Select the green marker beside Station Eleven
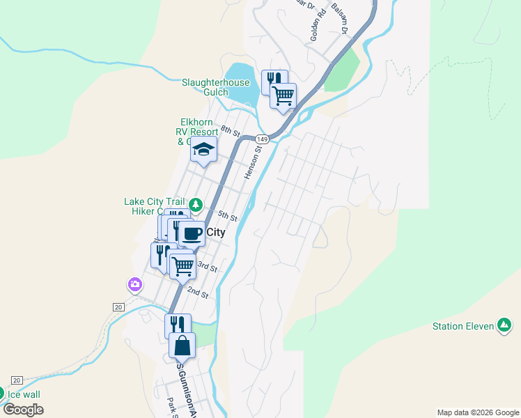504,325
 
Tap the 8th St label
231,130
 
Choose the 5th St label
228,216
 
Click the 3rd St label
207,266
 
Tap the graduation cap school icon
203,149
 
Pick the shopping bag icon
182,345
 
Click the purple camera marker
134,284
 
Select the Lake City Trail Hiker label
155,206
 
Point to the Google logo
23,410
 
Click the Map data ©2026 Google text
477,412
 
